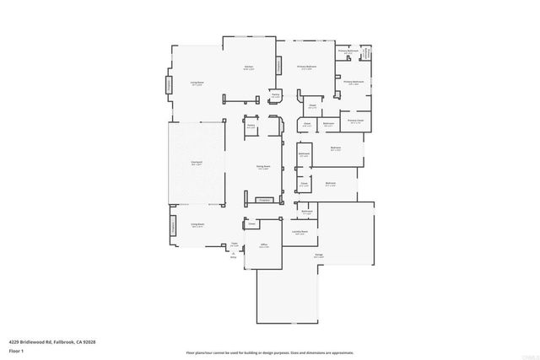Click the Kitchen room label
(249, 67)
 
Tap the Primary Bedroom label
(305, 67)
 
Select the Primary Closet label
(354, 121)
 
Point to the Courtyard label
(196, 164)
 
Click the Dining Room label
(263, 168)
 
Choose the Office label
(263, 245)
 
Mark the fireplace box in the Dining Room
(263, 200)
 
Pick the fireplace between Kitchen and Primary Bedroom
(279, 66)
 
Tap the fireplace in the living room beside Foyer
(175, 225)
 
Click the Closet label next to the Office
(251, 224)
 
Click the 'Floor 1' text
(16, 350)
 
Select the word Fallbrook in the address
(67, 341)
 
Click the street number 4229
(14, 341)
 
